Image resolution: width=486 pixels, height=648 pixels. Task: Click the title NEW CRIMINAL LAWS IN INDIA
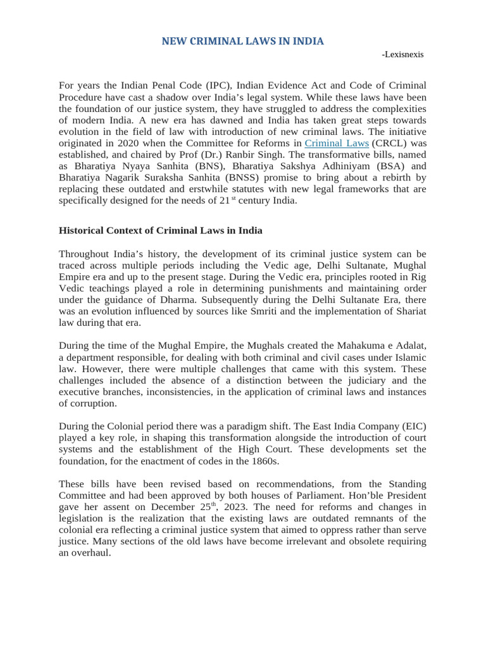click(x=242, y=41)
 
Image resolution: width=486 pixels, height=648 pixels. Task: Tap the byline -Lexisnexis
click(x=402, y=54)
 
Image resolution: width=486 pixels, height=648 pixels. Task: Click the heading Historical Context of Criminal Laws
click(x=161, y=230)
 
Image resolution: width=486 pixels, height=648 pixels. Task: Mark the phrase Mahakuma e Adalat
click(x=383, y=346)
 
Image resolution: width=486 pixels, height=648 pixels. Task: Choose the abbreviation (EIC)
click(x=409, y=427)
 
